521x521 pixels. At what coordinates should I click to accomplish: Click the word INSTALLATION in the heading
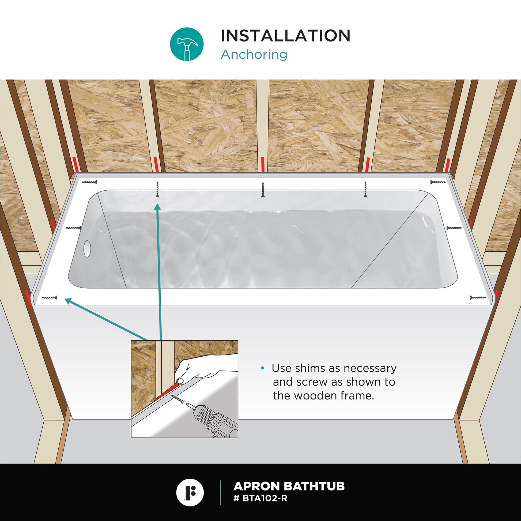(286, 36)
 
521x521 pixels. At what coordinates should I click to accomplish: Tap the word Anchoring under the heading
(254, 54)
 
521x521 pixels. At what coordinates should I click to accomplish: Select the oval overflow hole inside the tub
(87, 248)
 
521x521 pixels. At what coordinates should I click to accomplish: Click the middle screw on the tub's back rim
(263, 189)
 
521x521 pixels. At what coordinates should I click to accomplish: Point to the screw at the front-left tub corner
(50, 298)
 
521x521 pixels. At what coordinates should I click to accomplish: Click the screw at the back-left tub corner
(89, 183)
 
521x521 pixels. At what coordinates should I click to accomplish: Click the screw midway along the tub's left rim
(73, 228)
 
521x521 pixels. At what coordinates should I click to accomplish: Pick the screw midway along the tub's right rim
(454, 228)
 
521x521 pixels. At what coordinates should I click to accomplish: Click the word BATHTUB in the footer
(314, 486)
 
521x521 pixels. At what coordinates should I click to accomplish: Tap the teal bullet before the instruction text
(263, 368)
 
